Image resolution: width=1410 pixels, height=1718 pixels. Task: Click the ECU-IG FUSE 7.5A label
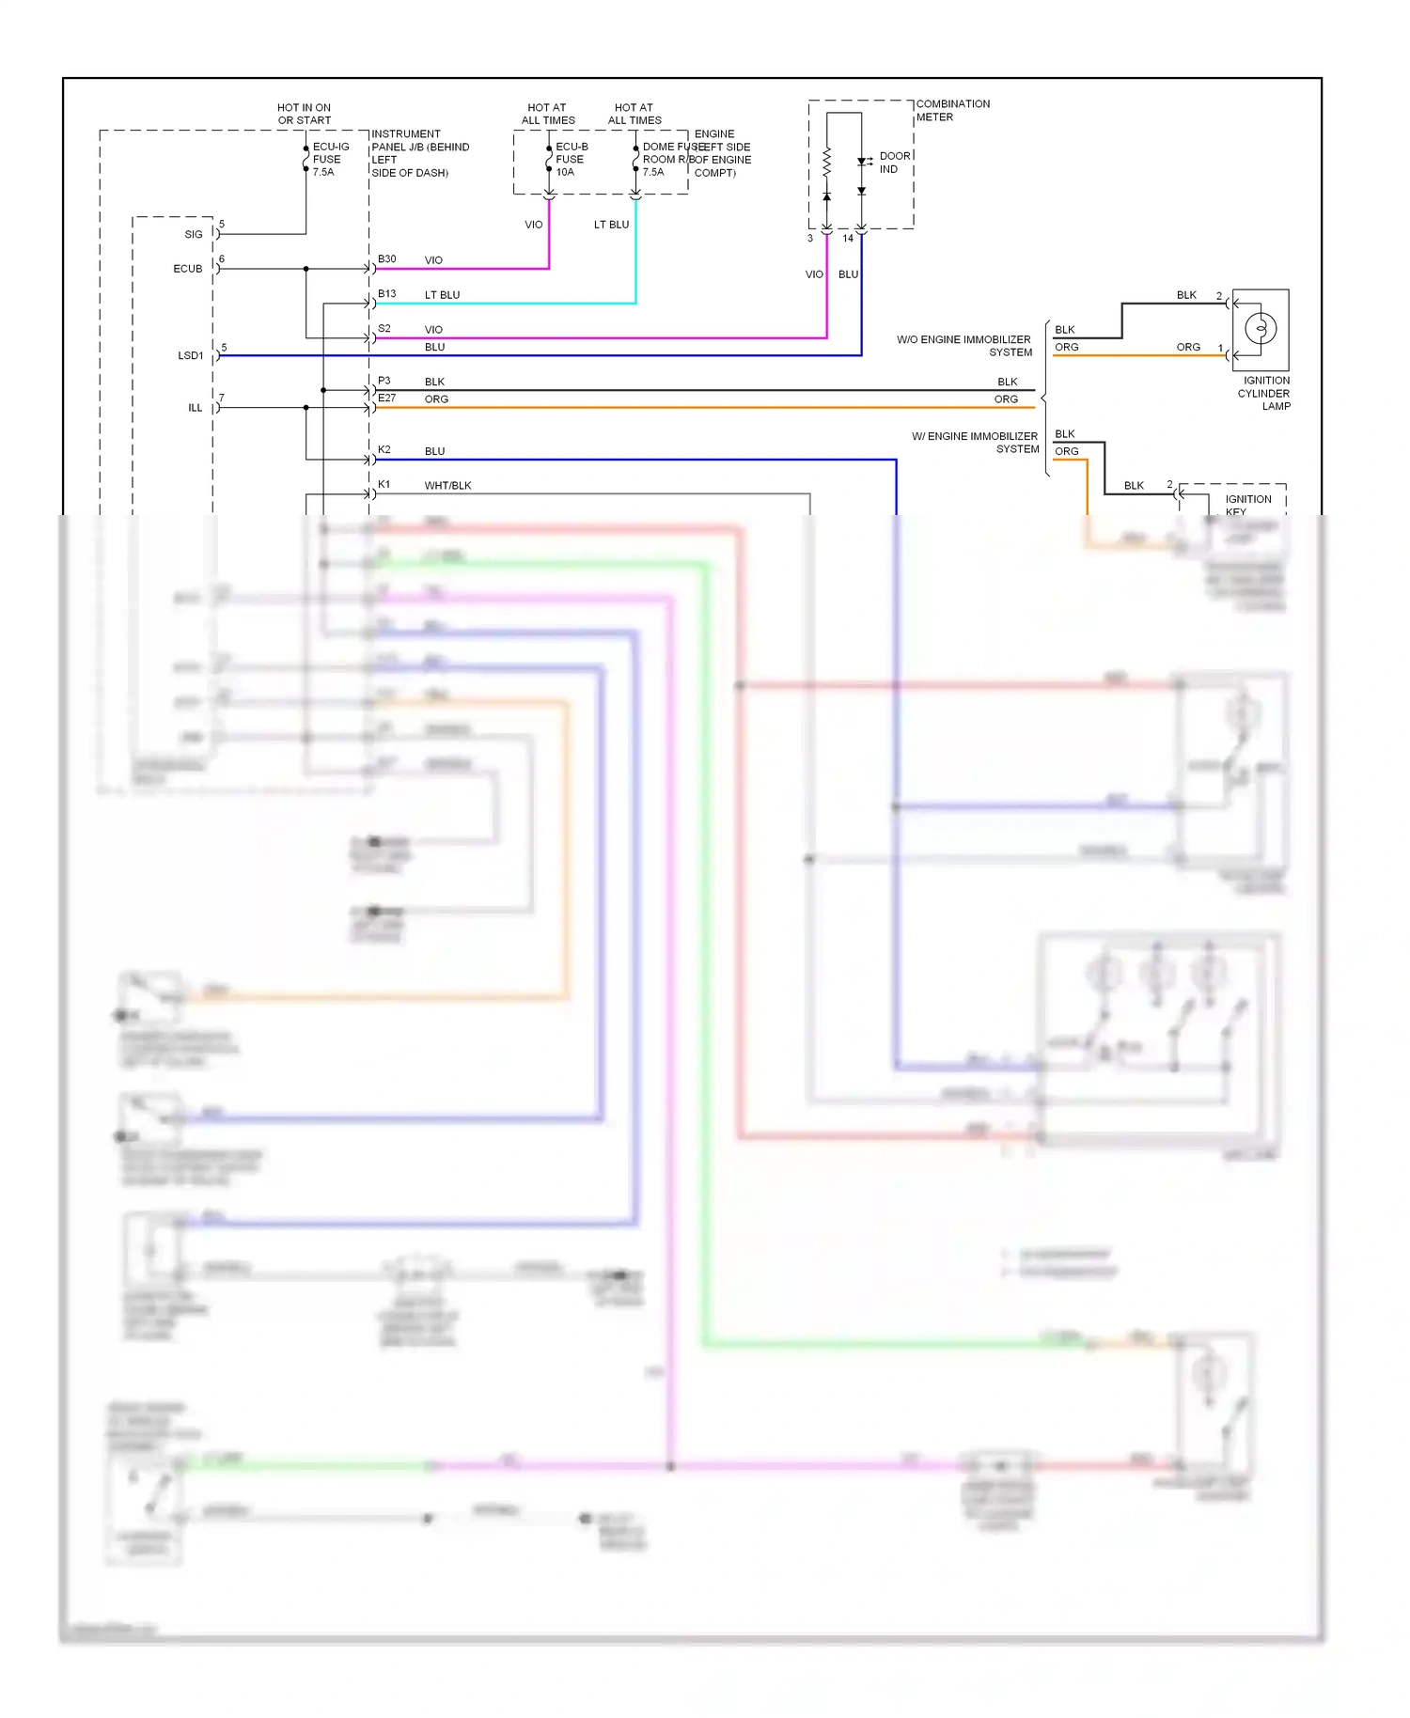click(330, 160)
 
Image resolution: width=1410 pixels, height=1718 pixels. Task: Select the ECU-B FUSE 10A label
click(571, 160)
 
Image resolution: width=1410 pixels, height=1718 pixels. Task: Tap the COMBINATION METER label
click(952, 111)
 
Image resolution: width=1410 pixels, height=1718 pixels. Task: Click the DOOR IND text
click(893, 163)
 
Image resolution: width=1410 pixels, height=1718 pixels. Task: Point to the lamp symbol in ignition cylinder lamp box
click(1260, 329)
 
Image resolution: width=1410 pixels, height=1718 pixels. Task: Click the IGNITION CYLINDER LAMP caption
click(1265, 393)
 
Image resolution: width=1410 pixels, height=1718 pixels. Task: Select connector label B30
click(386, 259)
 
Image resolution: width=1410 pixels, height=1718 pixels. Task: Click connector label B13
click(386, 294)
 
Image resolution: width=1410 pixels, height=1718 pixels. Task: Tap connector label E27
click(386, 398)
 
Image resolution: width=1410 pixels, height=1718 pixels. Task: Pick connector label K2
click(384, 450)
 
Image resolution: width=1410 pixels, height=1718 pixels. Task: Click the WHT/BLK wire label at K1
click(447, 486)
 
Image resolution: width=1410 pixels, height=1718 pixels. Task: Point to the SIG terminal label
click(193, 235)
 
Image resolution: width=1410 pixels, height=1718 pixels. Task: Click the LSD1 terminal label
click(190, 356)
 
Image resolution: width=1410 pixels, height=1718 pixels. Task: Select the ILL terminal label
click(195, 408)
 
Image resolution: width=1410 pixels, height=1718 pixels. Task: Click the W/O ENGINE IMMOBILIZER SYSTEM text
click(964, 346)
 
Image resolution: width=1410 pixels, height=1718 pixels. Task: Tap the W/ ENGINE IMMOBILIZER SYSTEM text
click(976, 443)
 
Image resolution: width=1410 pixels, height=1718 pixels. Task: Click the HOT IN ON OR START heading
click(304, 114)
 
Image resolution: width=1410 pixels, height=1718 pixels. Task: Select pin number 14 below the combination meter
click(847, 239)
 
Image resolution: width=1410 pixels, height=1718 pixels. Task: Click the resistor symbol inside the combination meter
click(826, 164)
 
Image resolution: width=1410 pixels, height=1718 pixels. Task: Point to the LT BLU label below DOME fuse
click(611, 225)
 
